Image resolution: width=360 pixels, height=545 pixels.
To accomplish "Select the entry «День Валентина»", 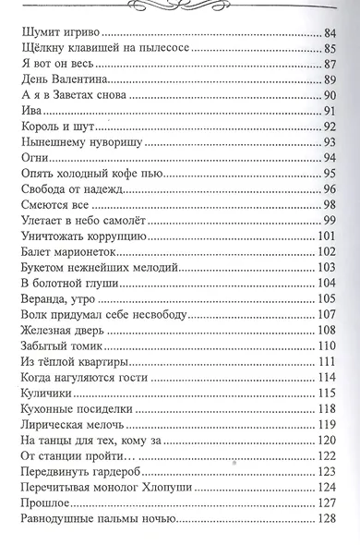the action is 60,80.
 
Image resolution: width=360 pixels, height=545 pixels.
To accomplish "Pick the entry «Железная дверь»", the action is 65,329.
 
